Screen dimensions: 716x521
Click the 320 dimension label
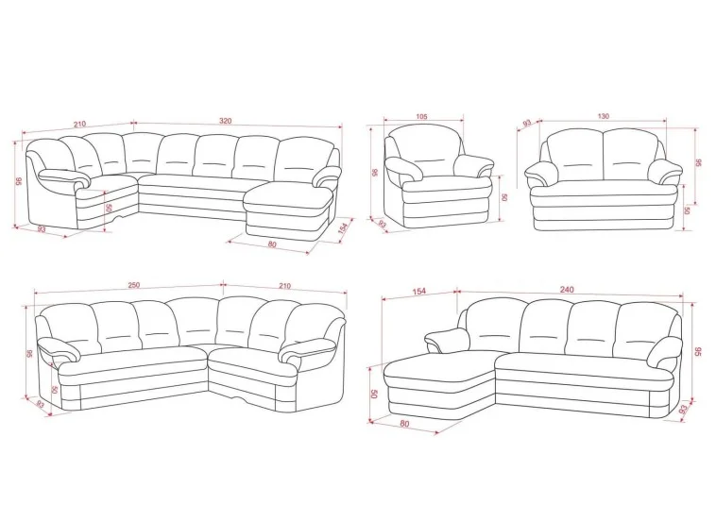(226, 121)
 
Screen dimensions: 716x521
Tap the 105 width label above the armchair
(422, 116)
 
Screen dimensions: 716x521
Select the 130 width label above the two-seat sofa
(604, 116)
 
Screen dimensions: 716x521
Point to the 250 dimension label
(134, 285)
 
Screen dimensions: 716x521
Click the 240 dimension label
(567, 289)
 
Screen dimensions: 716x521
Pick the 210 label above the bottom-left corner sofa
(284, 286)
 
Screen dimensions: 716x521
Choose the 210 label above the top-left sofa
(79, 124)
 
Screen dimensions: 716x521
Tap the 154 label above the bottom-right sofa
(418, 291)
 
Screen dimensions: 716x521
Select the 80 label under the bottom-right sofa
(404, 424)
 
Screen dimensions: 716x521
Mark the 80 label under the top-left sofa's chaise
(272, 244)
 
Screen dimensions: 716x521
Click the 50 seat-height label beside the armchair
(504, 197)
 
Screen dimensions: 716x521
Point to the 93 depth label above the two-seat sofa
(527, 124)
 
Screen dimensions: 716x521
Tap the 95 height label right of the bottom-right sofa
(698, 352)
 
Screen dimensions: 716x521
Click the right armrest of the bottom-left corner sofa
(311, 349)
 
